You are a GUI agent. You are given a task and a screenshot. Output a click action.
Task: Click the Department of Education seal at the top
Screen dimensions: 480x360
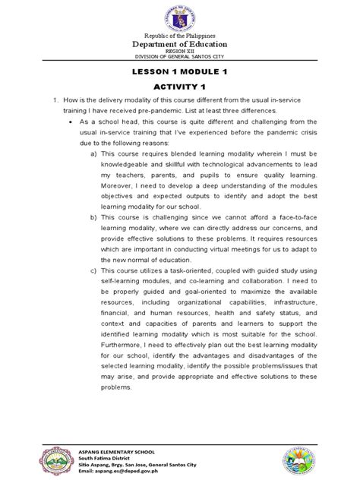click(180, 17)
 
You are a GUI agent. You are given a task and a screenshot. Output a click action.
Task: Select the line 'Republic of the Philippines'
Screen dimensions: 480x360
click(180, 35)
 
